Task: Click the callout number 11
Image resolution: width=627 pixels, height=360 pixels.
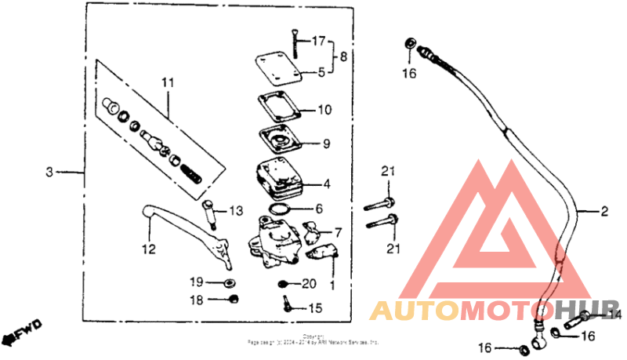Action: [166, 82]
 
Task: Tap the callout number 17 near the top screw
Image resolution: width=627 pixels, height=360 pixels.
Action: [318, 41]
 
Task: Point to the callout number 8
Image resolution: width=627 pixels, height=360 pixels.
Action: [342, 56]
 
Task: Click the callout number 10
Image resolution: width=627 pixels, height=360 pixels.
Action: [325, 110]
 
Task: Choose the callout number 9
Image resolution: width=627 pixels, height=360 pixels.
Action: [326, 144]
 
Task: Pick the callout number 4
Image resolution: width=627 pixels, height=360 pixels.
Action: [326, 186]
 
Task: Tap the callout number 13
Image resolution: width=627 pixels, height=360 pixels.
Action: [236, 211]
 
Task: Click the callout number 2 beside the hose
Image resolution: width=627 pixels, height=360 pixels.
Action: [604, 211]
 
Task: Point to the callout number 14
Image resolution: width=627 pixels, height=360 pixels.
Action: [615, 315]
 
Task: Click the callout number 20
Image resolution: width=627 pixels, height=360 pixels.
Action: [308, 282]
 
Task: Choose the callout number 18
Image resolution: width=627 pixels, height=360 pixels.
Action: [196, 300]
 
